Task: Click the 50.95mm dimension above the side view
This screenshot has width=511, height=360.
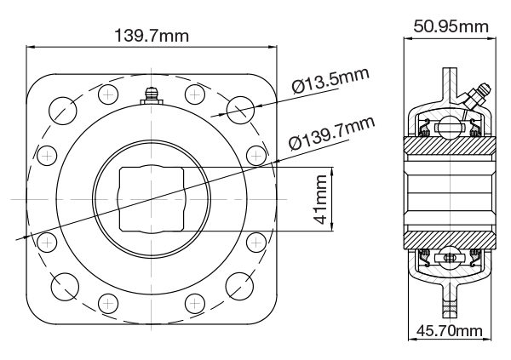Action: [x=451, y=26]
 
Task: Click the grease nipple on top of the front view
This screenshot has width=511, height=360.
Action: [x=152, y=95]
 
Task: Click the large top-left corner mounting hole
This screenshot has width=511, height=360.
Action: [x=63, y=109]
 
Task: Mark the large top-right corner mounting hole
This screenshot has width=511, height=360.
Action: [x=241, y=109]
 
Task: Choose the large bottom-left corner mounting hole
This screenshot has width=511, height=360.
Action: [x=63, y=288]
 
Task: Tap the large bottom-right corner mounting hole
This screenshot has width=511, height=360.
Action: [x=241, y=288]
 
